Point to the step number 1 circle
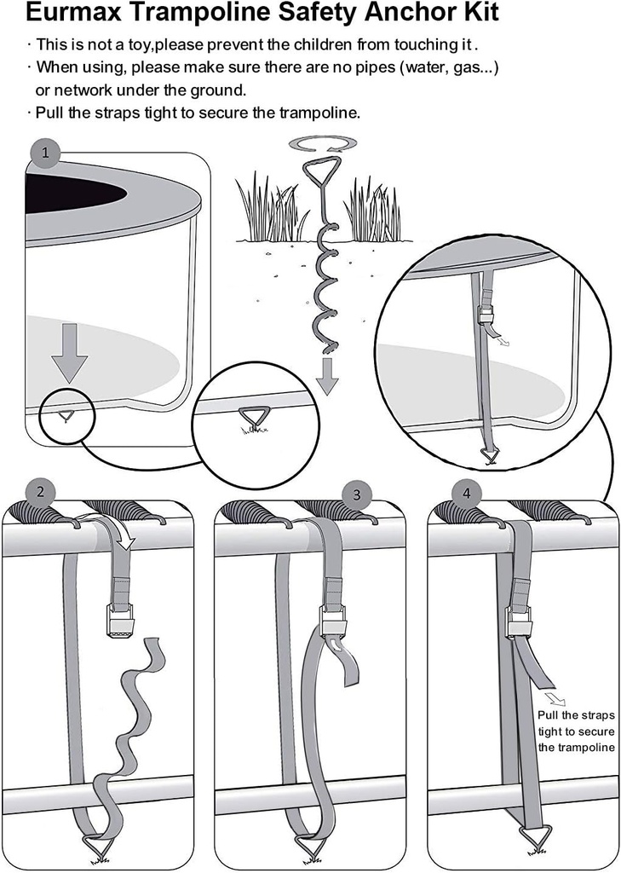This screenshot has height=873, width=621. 44,153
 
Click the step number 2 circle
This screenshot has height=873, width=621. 40,492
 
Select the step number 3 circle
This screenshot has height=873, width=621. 356,494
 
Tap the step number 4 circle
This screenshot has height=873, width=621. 465,493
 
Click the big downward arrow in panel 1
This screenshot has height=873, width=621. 69,352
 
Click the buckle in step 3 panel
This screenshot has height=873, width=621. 332,622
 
